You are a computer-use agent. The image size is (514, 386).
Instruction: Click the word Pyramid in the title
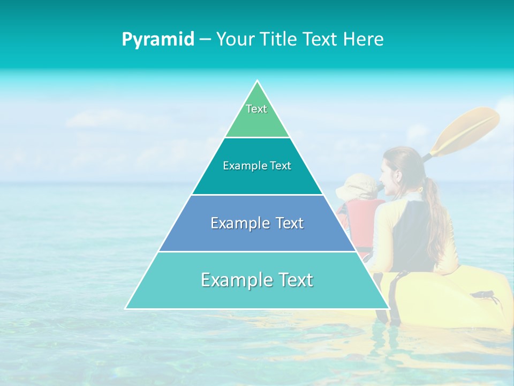(x=158, y=39)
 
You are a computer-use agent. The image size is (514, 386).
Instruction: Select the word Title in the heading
(x=278, y=39)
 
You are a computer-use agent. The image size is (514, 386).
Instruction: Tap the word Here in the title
(x=364, y=39)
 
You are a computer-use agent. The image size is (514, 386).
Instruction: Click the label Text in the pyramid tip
(x=256, y=109)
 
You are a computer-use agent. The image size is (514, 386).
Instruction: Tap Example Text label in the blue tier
(x=257, y=223)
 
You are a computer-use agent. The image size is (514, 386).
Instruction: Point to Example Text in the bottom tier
(x=257, y=280)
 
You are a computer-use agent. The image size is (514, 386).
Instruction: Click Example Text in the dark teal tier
(x=257, y=166)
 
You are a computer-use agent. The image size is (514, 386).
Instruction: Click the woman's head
(x=399, y=166)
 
